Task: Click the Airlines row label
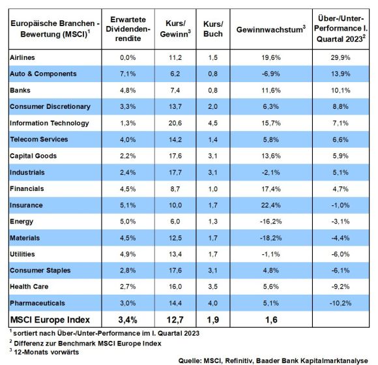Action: point(22,57)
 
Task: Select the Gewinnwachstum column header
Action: point(271,29)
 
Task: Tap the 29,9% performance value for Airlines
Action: point(340,57)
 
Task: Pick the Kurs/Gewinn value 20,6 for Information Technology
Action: point(175,123)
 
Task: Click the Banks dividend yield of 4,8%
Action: point(128,91)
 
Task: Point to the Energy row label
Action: point(22,222)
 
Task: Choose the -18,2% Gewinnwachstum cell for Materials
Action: point(270,238)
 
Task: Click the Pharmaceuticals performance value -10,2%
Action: point(340,303)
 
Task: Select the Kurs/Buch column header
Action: point(213,29)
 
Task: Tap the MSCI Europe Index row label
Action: point(50,319)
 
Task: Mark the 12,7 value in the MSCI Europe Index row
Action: point(175,319)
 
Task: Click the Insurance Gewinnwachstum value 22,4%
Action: point(270,205)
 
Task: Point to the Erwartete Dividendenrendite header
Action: point(128,29)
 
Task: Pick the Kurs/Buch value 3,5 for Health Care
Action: point(213,287)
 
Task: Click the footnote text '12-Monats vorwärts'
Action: point(46,352)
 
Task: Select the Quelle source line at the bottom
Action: point(273,360)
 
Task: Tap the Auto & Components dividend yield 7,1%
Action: point(128,74)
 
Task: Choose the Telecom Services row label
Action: point(39,139)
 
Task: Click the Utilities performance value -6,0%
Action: point(340,254)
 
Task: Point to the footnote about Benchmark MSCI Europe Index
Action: point(85,343)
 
